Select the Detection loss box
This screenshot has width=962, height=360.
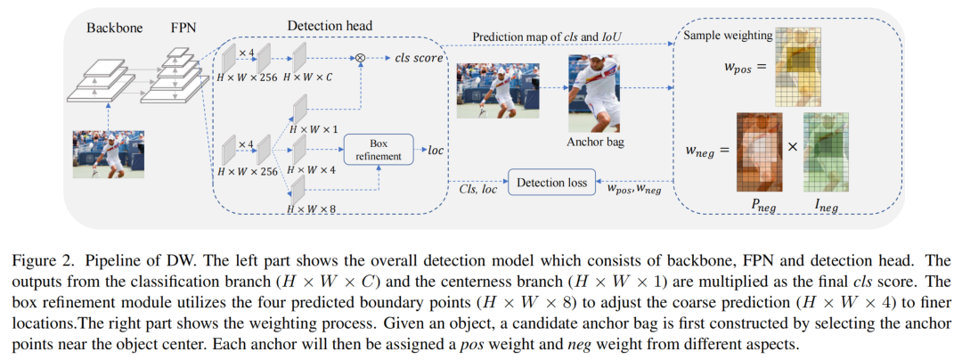pyautogui.click(x=552, y=183)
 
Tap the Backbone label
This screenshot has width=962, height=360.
pyautogui.click(x=113, y=27)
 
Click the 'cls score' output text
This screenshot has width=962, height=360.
pyautogui.click(x=413, y=59)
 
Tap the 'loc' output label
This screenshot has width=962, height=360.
pyautogui.click(x=436, y=149)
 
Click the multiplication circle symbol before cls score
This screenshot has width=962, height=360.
pyautogui.click(x=361, y=59)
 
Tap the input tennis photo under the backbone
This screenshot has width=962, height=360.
pyautogui.click(x=108, y=154)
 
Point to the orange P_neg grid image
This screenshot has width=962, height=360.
pyautogui.click(x=758, y=151)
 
